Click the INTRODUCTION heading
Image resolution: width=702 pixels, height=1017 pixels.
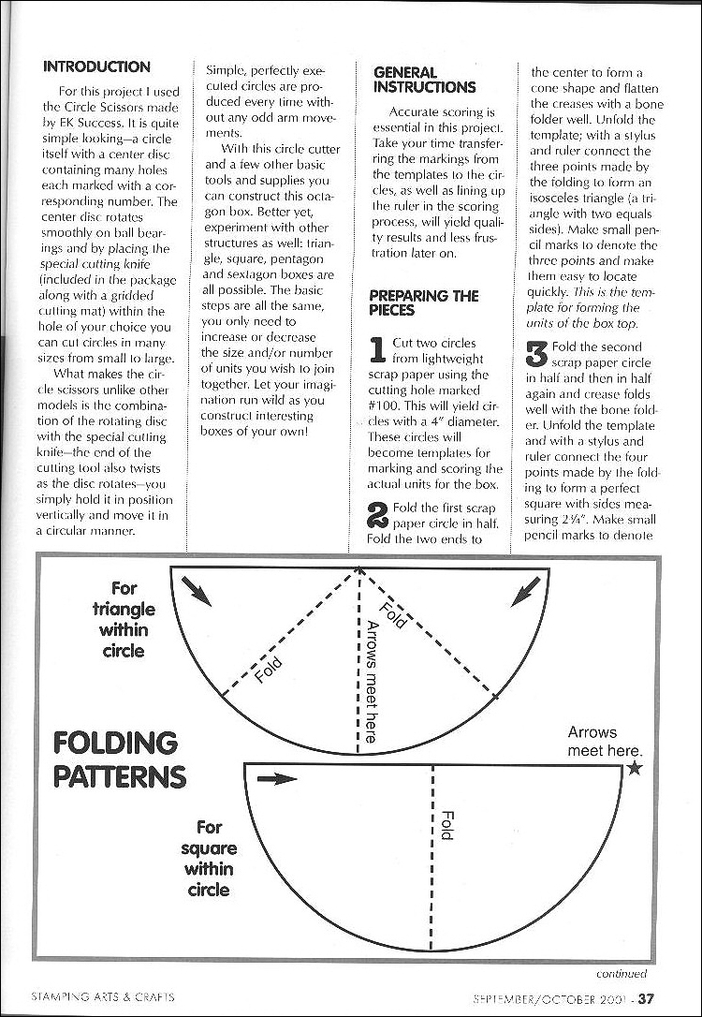pos(96,67)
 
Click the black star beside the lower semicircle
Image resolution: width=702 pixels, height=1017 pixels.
pos(635,768)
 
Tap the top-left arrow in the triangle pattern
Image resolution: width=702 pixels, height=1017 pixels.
pos(197,588)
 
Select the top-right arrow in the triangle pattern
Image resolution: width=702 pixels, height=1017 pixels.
pos(525,588)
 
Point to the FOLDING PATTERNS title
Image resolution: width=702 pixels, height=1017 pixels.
pos(119,759)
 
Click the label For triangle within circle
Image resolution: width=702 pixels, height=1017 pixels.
pos(124,619)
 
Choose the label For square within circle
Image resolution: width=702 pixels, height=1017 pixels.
pos(209,858)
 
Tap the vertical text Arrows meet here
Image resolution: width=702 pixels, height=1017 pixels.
pos(372,682)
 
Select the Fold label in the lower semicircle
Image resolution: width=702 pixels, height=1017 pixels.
pos(446,824)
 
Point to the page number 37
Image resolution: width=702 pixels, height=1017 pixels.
pos(647,998)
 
